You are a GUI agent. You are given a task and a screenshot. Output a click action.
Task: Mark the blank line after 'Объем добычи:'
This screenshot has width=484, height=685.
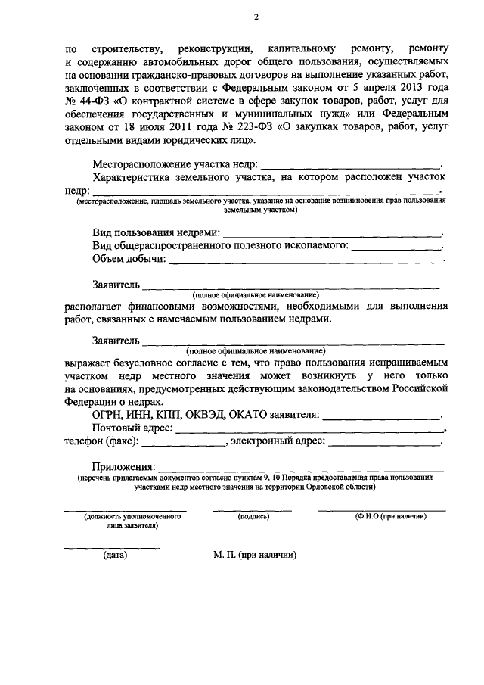[306, 261]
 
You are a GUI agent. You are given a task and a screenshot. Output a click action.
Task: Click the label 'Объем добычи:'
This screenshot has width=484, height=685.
[129, 260]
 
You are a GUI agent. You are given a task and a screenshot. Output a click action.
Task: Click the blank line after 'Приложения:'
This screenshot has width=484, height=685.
[302, 469]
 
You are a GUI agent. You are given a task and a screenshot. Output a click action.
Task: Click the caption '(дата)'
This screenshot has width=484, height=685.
[115, 555]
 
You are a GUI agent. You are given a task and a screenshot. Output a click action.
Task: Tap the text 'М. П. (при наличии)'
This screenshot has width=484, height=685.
[256, 555]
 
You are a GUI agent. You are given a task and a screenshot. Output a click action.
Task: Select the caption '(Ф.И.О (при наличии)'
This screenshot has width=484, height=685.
[390, 516]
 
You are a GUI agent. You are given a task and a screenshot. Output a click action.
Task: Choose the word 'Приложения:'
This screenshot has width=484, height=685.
[124, 465]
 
